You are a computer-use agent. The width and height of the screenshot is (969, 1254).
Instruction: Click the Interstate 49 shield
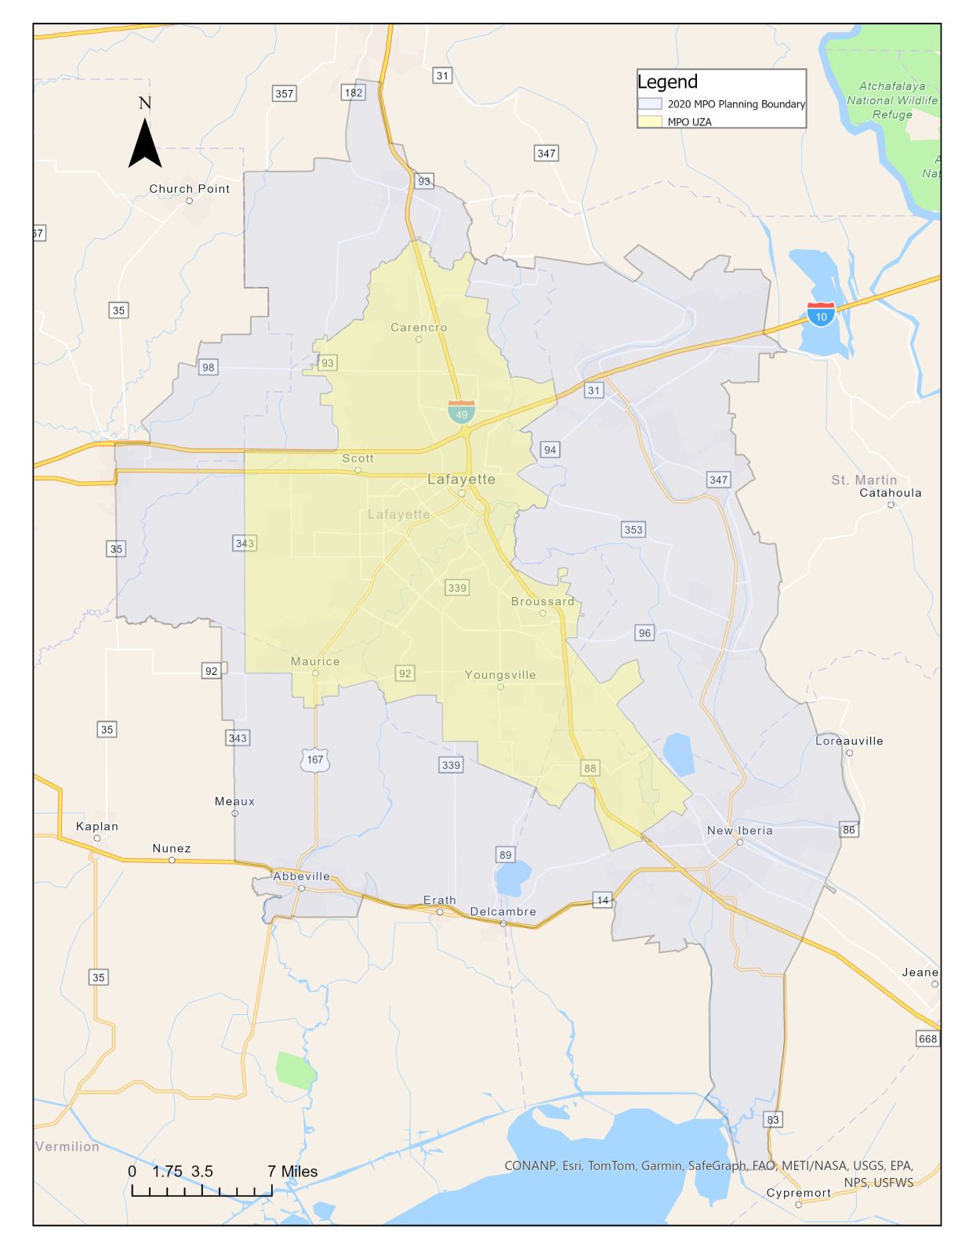click(x=461, y=412)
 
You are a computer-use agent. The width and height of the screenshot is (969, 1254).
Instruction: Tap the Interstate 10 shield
click(x=821, y=315)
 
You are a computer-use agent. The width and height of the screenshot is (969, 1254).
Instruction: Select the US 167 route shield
click(x=314, y=759)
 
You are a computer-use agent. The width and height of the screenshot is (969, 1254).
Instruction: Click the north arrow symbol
click(x=145, y=142)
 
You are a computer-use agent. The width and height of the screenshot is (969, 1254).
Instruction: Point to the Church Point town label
click(x=190, y=189)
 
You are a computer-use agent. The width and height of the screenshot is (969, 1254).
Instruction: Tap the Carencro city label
click(x=419, y=328)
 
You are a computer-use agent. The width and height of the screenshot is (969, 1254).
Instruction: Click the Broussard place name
click(x=543, y=602)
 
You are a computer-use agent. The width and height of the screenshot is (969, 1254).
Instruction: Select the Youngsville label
click(x=500, y=675)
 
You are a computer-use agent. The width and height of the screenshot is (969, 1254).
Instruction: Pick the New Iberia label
click(x=739, y=831)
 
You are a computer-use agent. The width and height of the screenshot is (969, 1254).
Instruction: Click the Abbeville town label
click(x=301, y=876)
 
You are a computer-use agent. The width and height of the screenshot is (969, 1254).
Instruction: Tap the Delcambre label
click(x=503, y=912)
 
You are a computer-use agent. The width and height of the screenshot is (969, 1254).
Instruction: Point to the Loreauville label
click(x=849, y=741)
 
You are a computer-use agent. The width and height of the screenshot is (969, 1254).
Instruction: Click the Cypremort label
click(x=798, y=1193)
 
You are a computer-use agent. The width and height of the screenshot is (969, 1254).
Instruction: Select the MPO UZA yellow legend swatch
click(x=650, y=121)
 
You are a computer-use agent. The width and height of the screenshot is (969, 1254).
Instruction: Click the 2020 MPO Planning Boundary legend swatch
click(x=650, y=103)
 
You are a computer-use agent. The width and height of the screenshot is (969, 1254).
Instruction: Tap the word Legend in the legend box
click(x=667, y=82)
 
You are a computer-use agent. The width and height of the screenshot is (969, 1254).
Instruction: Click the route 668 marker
click(x=927, y=1038)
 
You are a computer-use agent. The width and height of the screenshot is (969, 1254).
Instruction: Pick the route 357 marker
click(x=284, y=93)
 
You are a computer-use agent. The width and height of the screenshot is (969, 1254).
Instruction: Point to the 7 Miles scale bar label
click(x=292, y=1172)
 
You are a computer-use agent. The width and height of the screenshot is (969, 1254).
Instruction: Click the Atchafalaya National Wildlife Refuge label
click(x=892, y=100)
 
